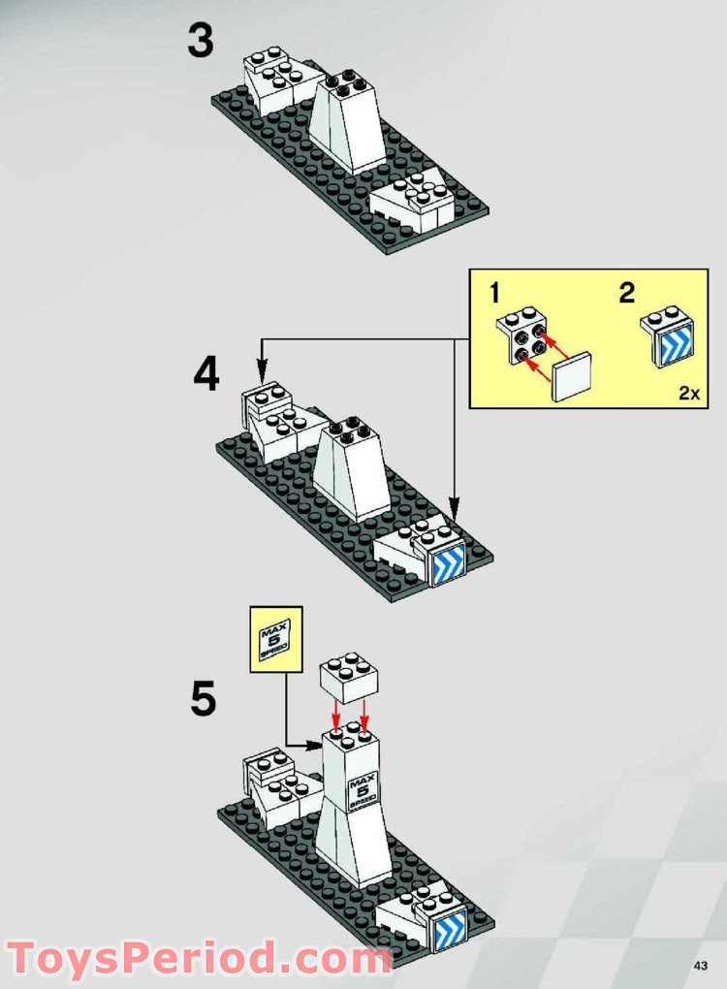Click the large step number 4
tap(205, 376)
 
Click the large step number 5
tap(203, 699)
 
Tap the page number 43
tap(702, 965)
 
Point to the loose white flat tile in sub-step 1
tap(571, 378)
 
